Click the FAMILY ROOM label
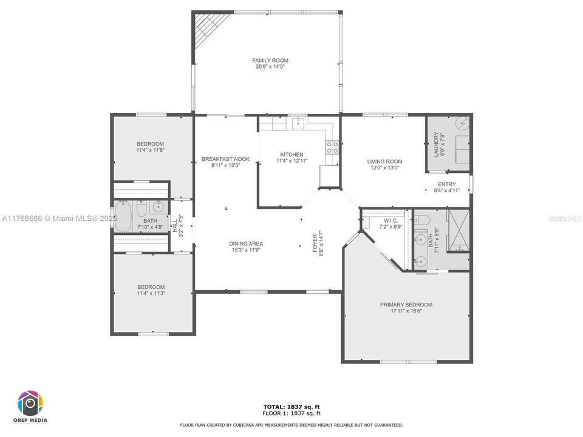[x=270, y=60]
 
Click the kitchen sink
[x=298, y=124]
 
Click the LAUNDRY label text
[x=435, y=144]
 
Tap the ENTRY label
[x=446, y=184]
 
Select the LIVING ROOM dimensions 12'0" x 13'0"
[x=384, y=168]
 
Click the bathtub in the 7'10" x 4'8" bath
[x=123, y=217]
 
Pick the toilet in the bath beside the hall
[x=140, y=209]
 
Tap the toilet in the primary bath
[x=423, y=220]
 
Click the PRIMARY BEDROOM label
[x=406, y=305]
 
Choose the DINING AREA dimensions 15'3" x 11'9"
[x=247, y=250]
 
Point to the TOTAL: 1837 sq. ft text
[x=291, y=406]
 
